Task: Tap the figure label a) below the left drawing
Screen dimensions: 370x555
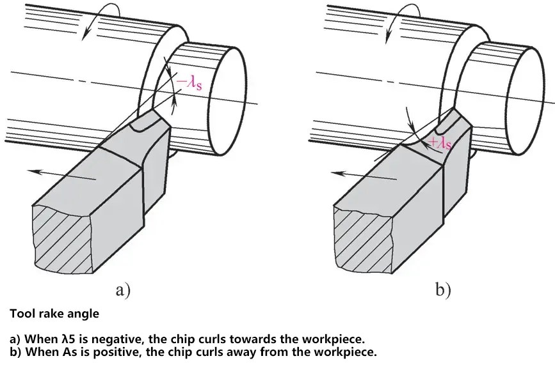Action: click(x=123, y=291)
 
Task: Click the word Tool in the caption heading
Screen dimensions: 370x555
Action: click(x=19, y=314)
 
